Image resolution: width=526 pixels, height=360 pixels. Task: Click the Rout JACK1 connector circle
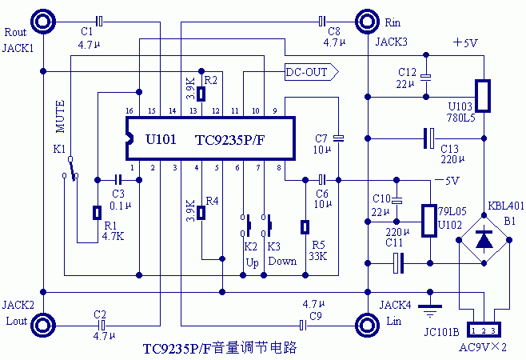[x=42, y=20]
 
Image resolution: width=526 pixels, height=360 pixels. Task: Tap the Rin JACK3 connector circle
[x=367, y=20]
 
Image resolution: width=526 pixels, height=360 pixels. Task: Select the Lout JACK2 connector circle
[x=42, y=325]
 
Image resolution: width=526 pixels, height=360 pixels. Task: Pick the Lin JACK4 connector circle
[x=367, y=325]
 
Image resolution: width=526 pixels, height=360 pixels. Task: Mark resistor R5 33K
[x=305, y=228]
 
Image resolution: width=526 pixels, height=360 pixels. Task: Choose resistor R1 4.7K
[x=97, y=213]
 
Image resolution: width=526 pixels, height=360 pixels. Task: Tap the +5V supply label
[x=464, y=42]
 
